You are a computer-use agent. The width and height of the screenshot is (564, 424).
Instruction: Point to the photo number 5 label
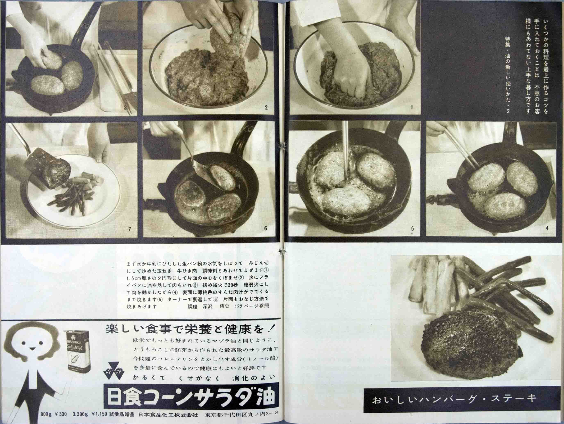click(x=412, y=229)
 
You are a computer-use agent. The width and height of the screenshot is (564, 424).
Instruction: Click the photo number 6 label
click(x=266, y=228)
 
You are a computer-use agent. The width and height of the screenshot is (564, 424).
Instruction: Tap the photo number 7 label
click(x=129, y=229)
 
